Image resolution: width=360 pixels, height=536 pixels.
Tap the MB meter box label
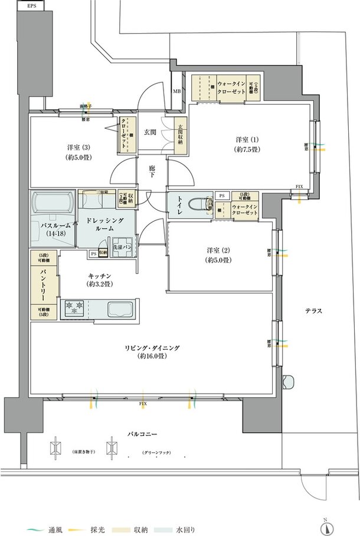coord(176,91)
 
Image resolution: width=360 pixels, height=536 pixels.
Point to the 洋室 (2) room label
coord(218,254)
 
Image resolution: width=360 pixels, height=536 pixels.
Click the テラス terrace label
coord(313,311)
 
